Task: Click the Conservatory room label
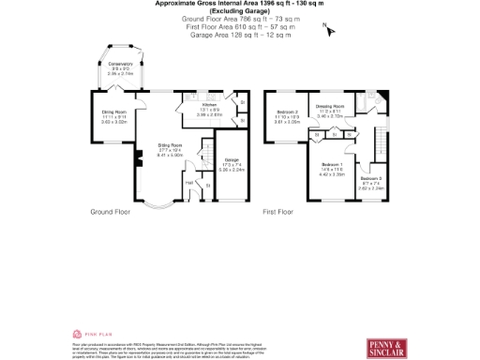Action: (120, 64)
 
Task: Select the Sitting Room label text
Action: (170, 145)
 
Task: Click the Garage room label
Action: (231, 165)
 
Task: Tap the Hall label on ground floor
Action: (188, 182)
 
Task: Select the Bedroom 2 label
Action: (287, 112)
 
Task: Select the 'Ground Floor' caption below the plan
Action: (109, 213)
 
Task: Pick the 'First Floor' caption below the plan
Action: (278, 213)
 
